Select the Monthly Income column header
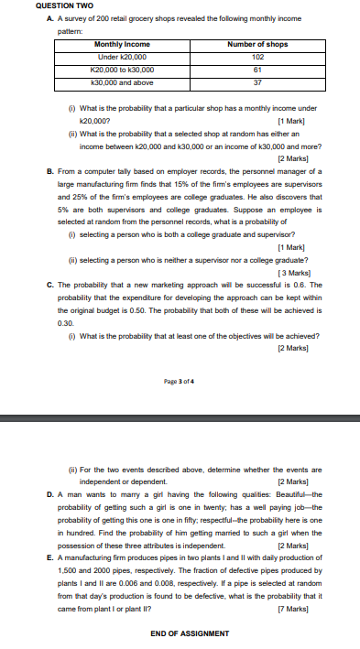(x=122, y=44)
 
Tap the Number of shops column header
(x=257, y=44)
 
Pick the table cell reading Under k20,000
(x=122, y=57)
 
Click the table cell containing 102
(x=257, y=57)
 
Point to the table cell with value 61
(x=257, y=70)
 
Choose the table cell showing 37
(x=257, y=81)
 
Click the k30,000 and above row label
(x=122, y=81)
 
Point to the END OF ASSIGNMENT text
(x=189, y=633)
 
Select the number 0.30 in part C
(x=64, y=324)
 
